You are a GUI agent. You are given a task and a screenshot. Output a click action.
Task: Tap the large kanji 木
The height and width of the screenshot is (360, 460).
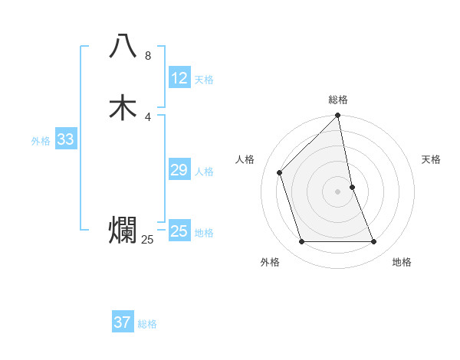point(123,107)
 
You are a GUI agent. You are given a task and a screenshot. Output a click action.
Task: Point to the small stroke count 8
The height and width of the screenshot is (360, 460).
point(148,56)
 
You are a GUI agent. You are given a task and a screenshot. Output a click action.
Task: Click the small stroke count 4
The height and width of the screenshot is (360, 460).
point(148,116)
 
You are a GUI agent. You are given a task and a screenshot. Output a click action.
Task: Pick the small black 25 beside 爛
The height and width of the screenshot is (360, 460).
point(147,240)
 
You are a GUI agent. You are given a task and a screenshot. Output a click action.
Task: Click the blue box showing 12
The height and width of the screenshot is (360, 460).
point(179,78)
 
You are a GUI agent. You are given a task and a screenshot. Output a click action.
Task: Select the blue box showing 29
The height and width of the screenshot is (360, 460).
point(179,170)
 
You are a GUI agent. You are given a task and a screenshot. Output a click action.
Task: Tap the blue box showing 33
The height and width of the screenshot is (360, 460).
point(65,139)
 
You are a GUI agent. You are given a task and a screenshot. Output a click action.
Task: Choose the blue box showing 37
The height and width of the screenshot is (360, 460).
point(123,322)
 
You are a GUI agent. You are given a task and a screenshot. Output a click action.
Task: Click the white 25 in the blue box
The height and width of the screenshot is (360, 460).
point(179,231)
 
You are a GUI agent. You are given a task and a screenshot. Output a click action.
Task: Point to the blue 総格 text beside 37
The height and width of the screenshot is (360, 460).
point(147,324)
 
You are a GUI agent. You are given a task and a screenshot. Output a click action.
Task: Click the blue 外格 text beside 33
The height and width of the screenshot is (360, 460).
point(41,141)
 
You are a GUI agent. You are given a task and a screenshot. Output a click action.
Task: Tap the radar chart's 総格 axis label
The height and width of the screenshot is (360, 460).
point(338,100)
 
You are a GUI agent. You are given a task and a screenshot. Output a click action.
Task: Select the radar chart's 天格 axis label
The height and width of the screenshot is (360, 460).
point(431,159)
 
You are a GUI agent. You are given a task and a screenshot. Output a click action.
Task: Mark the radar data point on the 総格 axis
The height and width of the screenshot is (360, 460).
point(338,116)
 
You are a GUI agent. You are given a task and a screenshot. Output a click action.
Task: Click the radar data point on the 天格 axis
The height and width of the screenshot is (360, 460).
point(353,186)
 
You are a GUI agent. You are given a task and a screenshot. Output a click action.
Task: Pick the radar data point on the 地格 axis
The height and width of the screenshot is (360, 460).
point(374,241)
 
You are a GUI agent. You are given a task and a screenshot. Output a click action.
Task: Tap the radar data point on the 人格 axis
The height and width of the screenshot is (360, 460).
point(280,172)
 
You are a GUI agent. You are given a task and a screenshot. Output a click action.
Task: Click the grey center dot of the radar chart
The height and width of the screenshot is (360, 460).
point(338,191)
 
